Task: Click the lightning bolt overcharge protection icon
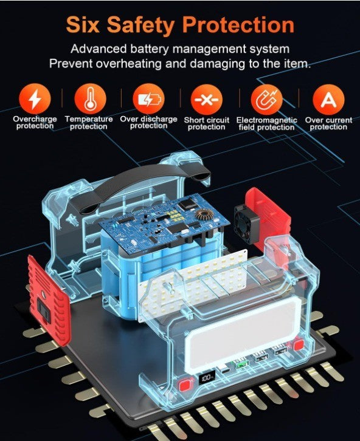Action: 35,99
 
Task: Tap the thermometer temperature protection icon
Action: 90,99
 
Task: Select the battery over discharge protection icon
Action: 148,99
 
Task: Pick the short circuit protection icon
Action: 207,100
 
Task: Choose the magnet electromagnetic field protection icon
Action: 267,100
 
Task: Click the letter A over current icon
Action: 328,100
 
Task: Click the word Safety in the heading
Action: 140,26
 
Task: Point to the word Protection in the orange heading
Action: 238,25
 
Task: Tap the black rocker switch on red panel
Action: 44,309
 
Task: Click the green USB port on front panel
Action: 241,364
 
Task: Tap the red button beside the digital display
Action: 185,385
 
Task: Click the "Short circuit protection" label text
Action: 207,123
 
